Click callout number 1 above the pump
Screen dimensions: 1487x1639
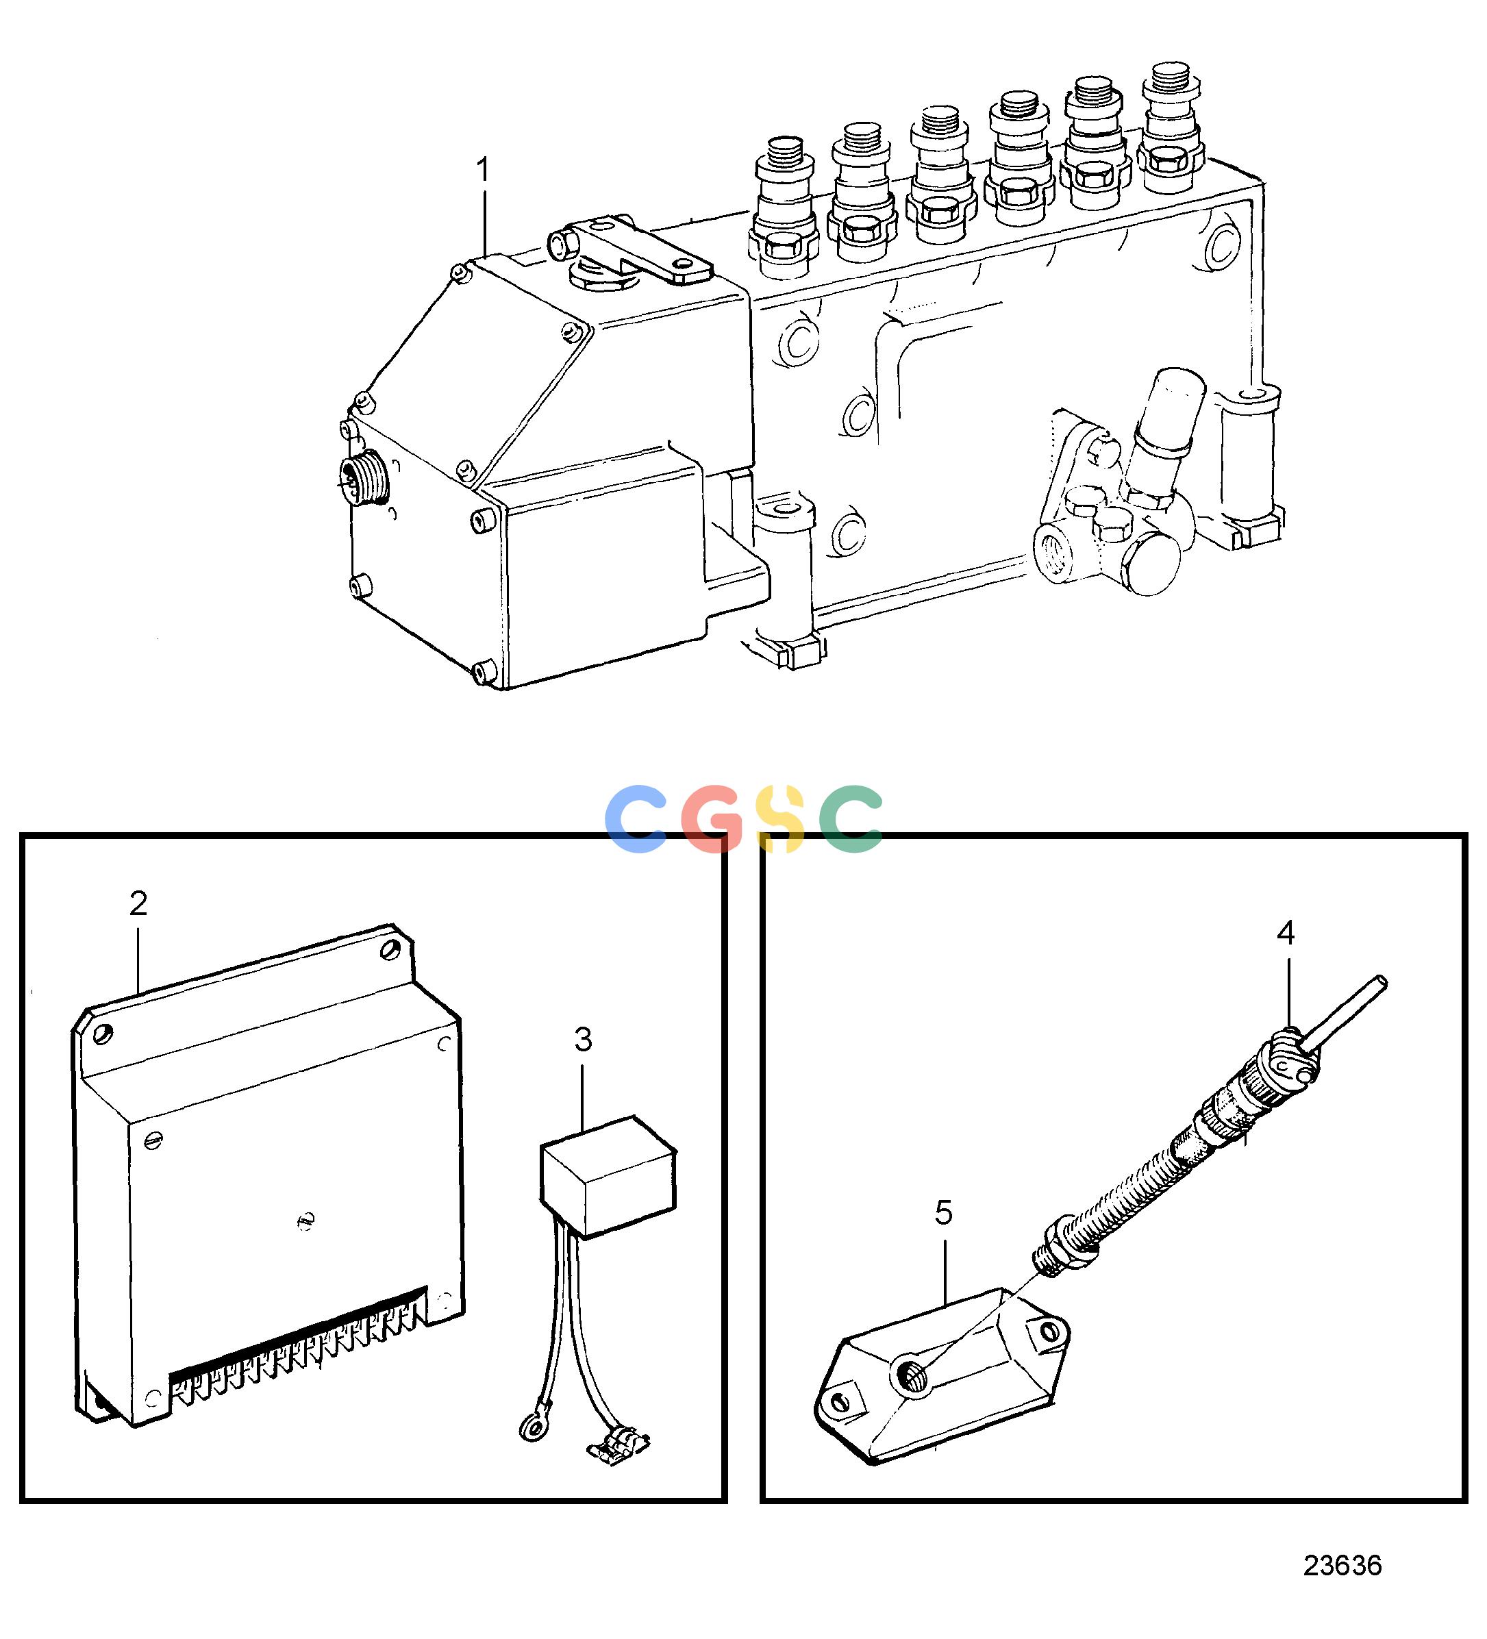pos(483,171)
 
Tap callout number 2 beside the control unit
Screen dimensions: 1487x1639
pos(138,903)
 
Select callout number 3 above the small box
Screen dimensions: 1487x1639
pos(583,1039)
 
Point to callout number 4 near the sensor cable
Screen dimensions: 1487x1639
pos(1286,934)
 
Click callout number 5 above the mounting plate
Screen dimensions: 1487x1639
pos(943,1213)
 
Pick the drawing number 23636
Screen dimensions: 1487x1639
pos(1342,1566)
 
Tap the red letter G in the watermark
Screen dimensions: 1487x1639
pos(712,818)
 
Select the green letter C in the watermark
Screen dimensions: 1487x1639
pos(851,818)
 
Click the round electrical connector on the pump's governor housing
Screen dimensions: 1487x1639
pos(364,477)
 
